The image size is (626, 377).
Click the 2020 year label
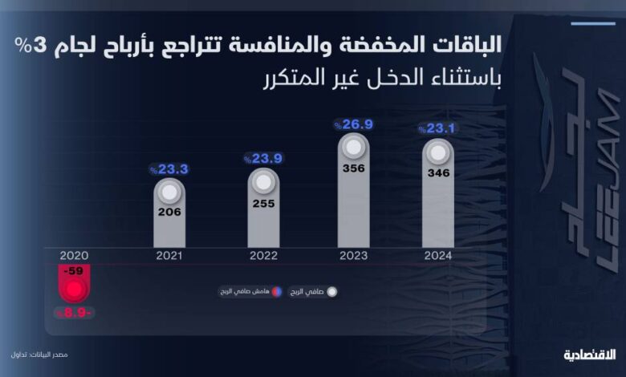coord(73,255)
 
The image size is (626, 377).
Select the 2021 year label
coord(169,255)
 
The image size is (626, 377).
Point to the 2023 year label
coord(354,255)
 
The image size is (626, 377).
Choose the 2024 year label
coord(438,255)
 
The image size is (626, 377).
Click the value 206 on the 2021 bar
coord(169,213)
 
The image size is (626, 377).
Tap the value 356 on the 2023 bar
coord(354,169)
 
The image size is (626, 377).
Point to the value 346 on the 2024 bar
coord(438,172)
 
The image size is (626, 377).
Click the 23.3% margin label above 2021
coord(169,169)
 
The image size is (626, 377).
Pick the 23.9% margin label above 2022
coord(262,159)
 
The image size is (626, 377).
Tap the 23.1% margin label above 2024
coord(437,128)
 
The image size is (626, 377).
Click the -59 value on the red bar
coord(75,271)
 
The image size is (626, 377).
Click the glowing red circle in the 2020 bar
coord(75,289)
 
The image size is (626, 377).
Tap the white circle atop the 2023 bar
coord(354,147)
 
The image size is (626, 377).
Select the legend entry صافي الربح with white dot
coord(315,292)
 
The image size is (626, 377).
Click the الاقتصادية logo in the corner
coord(588,354)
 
